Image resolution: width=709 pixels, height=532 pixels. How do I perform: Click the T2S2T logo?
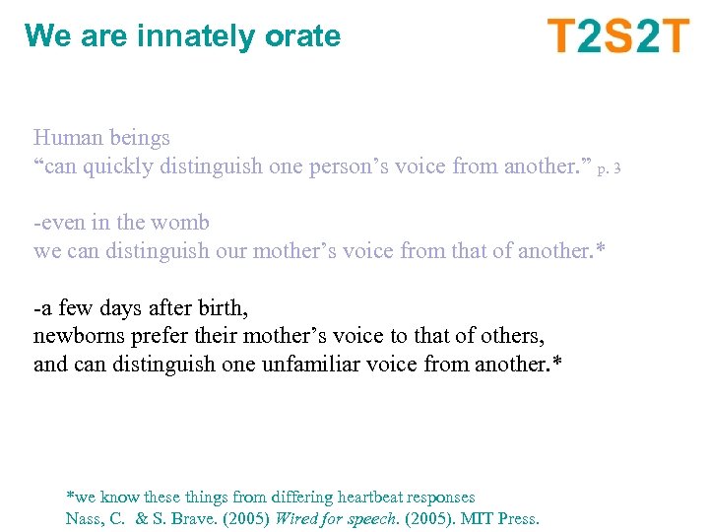coord(618,36)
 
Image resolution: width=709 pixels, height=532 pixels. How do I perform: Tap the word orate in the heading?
coord(302,36)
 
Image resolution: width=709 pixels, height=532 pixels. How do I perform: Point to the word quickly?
coord(116,166)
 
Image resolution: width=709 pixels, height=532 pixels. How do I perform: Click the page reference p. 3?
coord(609,168)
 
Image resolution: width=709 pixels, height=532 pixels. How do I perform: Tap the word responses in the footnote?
coord(442,498)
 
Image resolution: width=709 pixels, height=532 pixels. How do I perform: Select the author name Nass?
coord(85,518)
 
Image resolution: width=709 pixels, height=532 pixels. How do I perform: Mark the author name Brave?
coord(185,518)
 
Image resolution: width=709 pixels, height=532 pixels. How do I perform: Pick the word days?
coord(109,308)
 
